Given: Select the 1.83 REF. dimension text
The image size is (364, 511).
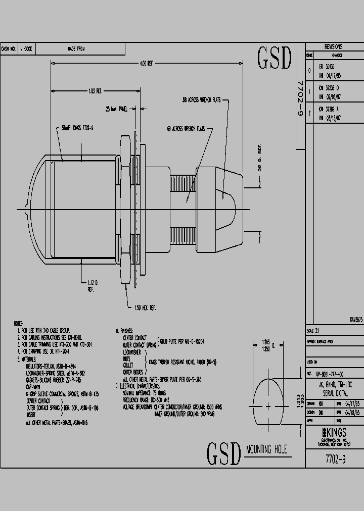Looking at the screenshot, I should [x=96, y=91].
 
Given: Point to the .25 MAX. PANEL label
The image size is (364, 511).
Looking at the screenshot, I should [x=116, y=108].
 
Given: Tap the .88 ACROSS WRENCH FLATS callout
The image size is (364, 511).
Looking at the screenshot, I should [x=203, y=100].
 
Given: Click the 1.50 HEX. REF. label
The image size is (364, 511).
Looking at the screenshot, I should [x=145, y=307].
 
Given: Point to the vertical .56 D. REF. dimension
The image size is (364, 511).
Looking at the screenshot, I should [x=259, y=161].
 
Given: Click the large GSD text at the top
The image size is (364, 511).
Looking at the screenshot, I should [x=275, y=59].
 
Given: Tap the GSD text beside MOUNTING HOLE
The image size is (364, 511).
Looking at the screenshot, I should [x=223, y=453].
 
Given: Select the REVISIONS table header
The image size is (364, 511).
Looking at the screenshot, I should [x=334, y=45].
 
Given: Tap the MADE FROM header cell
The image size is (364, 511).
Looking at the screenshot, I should [x=76, y=49].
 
